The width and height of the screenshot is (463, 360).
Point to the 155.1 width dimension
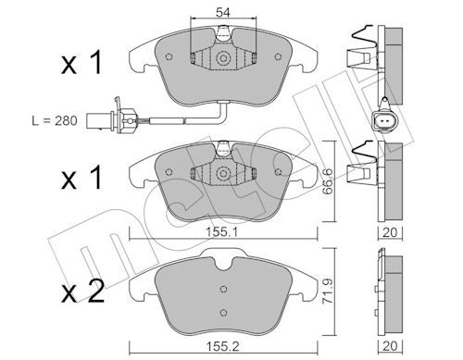pyautogui.click(x=222, y=234)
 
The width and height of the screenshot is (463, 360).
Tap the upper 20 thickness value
pyautogui.click(x=390, y=234)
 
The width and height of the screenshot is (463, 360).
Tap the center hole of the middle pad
pyautogui.click(x=223, y=173)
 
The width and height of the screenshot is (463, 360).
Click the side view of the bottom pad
pyautogui.click(x=390, y=289)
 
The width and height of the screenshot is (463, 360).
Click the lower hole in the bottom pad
pyautogui.click(x=223, y=310)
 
